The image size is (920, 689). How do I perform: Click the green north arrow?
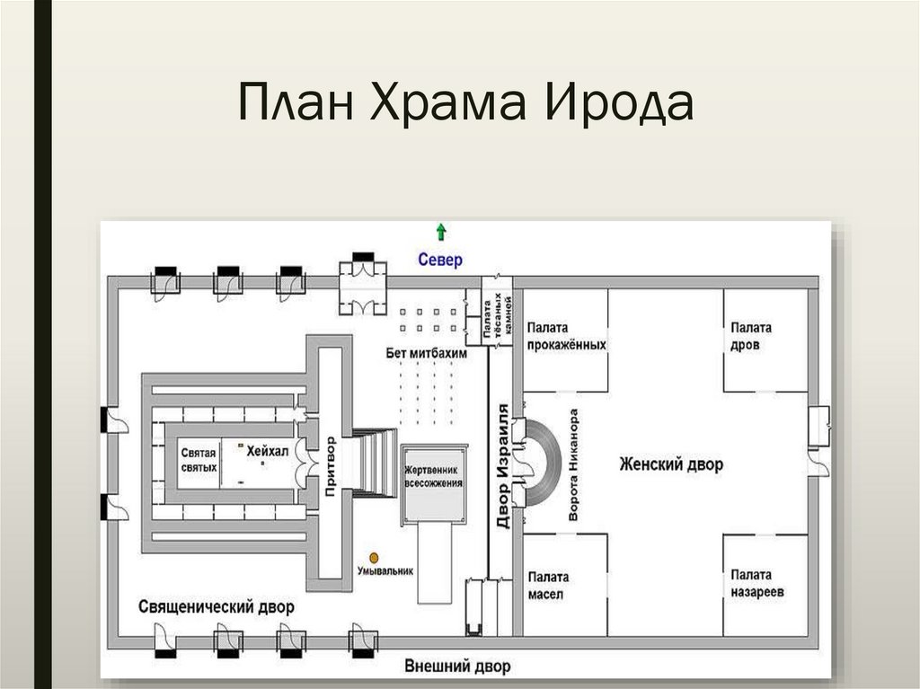(x=440, y=232)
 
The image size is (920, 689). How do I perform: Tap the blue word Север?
(x=440, y=261)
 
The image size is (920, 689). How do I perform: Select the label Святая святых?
(x=199, y=461)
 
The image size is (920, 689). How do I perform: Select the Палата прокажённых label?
(x=566, y=336)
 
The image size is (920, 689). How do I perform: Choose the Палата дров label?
(x=750, y=336)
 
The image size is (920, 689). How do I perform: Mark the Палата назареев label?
(x=756, y=584)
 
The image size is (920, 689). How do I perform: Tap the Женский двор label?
(x=671, y=464)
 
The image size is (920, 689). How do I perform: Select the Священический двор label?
(x=217, y=606)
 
